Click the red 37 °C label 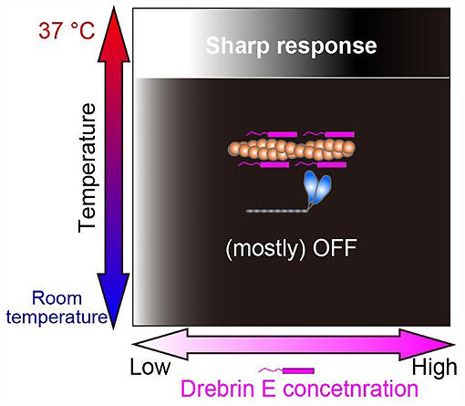pos(67,30)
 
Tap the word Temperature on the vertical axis pos(87,168)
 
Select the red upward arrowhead pos(114,34)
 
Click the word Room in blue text pos(57,298)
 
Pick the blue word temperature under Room pos(57,317)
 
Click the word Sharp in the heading pos(237,46)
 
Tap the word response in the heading pos(326,47)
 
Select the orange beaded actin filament pos(292,150)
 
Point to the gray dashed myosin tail pos(276,211)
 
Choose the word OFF pos(335,248)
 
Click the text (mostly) pos(265,249)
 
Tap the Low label pos(150,367)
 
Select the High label pos(434,367)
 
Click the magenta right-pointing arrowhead pos(427,345)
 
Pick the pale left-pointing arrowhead pos(160,344)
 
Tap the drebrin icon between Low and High pos(286,370)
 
